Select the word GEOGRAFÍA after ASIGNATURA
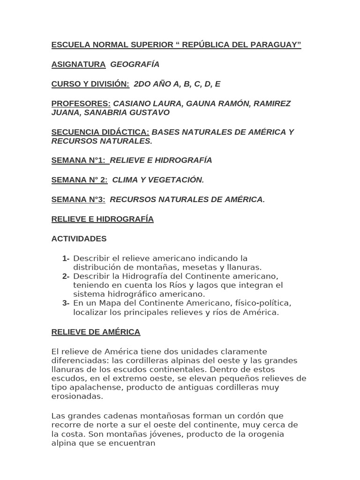[135, 64]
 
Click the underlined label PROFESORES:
[81, 104]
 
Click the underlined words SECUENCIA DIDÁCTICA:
[100, 132]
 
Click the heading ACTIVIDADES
[79, 239]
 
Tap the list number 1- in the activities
[66, 258]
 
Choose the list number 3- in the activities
[66, 303]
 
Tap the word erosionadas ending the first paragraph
[77, 396]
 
